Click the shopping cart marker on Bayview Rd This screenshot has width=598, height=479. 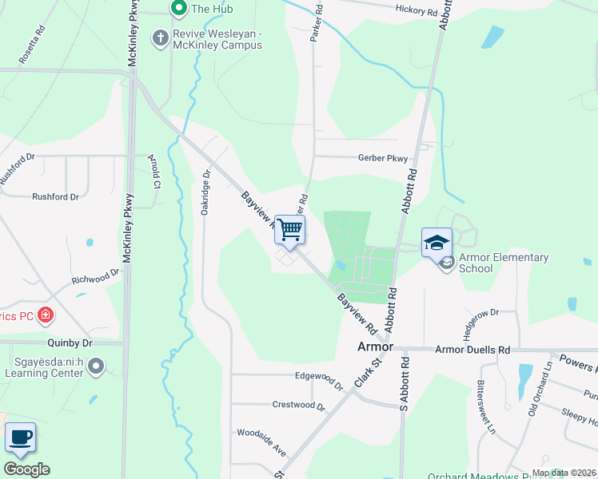pos(289,229)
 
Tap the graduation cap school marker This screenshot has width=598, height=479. pos(437,243)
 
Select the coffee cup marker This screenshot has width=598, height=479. pos(20,437)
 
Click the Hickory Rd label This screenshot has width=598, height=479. pos(417,12)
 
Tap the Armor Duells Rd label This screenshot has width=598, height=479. pos(472,350)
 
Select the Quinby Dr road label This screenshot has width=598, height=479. pos(70,342)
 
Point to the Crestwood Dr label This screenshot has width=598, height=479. pos(300,405)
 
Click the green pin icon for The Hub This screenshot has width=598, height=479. pos(178,9)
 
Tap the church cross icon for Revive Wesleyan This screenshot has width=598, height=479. pos(160,38)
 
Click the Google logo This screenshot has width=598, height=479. pos(26,469)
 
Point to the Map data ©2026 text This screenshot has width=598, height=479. pos(563,473)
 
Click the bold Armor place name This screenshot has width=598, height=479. pos(374,347)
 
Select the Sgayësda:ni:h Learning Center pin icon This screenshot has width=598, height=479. pos(96,367)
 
